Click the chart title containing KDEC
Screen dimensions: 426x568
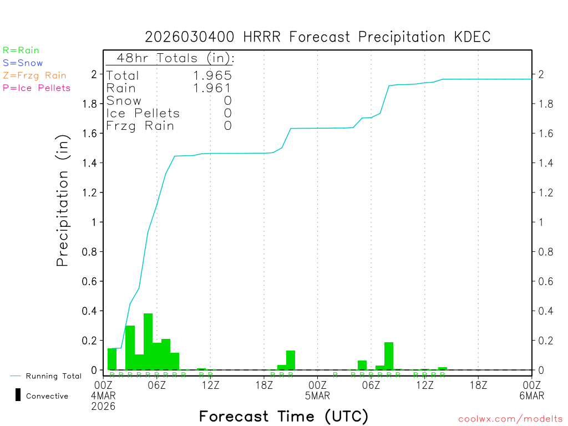[x=317, y=37]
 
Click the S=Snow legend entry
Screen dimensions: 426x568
[x=23, y=63]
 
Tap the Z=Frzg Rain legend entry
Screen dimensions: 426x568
[x=34, y=75]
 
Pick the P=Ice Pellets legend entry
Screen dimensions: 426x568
[x=37, y=88]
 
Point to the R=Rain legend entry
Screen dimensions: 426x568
[x=21, y=50]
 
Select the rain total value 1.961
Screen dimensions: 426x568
[x=213, y=88]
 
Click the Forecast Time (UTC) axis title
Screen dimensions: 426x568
[x=283, y=416]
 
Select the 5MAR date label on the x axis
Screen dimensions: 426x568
[x=317, y=395]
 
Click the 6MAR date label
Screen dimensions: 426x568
[x=531, y=395]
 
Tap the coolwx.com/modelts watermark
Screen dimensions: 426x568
[x=510, y=419]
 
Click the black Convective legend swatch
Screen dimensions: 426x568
[x=18, y=395]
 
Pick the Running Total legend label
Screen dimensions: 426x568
[x=53, y=376]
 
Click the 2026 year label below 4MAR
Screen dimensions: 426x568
[x=104, y=406]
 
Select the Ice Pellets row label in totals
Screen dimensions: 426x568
[x=143, y=113]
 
